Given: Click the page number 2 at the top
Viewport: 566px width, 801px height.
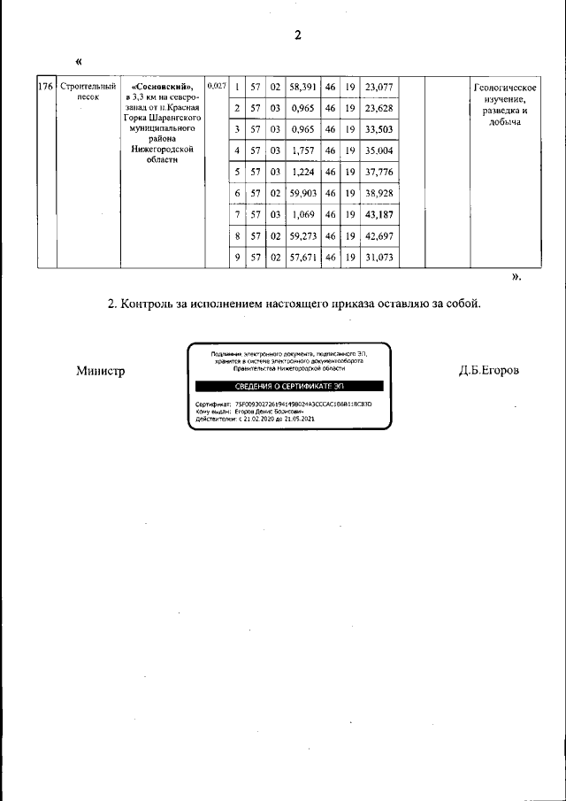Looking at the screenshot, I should coord(298,35).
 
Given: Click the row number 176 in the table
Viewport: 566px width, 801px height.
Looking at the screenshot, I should coord(47,87).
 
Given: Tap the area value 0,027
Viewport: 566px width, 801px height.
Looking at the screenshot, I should coord(216,86).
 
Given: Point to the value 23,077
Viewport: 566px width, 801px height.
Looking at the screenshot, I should coord(378,87).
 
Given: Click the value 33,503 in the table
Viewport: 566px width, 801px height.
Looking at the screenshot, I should coord(378,129).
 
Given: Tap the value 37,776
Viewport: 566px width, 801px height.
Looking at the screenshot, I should coord(378,172).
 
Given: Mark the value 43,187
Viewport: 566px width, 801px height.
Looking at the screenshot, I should coord(378,214).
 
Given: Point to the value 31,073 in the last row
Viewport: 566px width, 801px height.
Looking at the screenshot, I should coord(378,258).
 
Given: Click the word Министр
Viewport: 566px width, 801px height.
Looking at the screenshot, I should coord(100,371).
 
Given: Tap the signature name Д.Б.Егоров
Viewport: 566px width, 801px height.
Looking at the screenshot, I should coord(488,370).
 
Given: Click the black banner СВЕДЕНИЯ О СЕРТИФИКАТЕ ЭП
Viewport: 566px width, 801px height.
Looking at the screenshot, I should coord(289,386).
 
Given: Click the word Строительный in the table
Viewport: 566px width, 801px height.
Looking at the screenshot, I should coord(88,87).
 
